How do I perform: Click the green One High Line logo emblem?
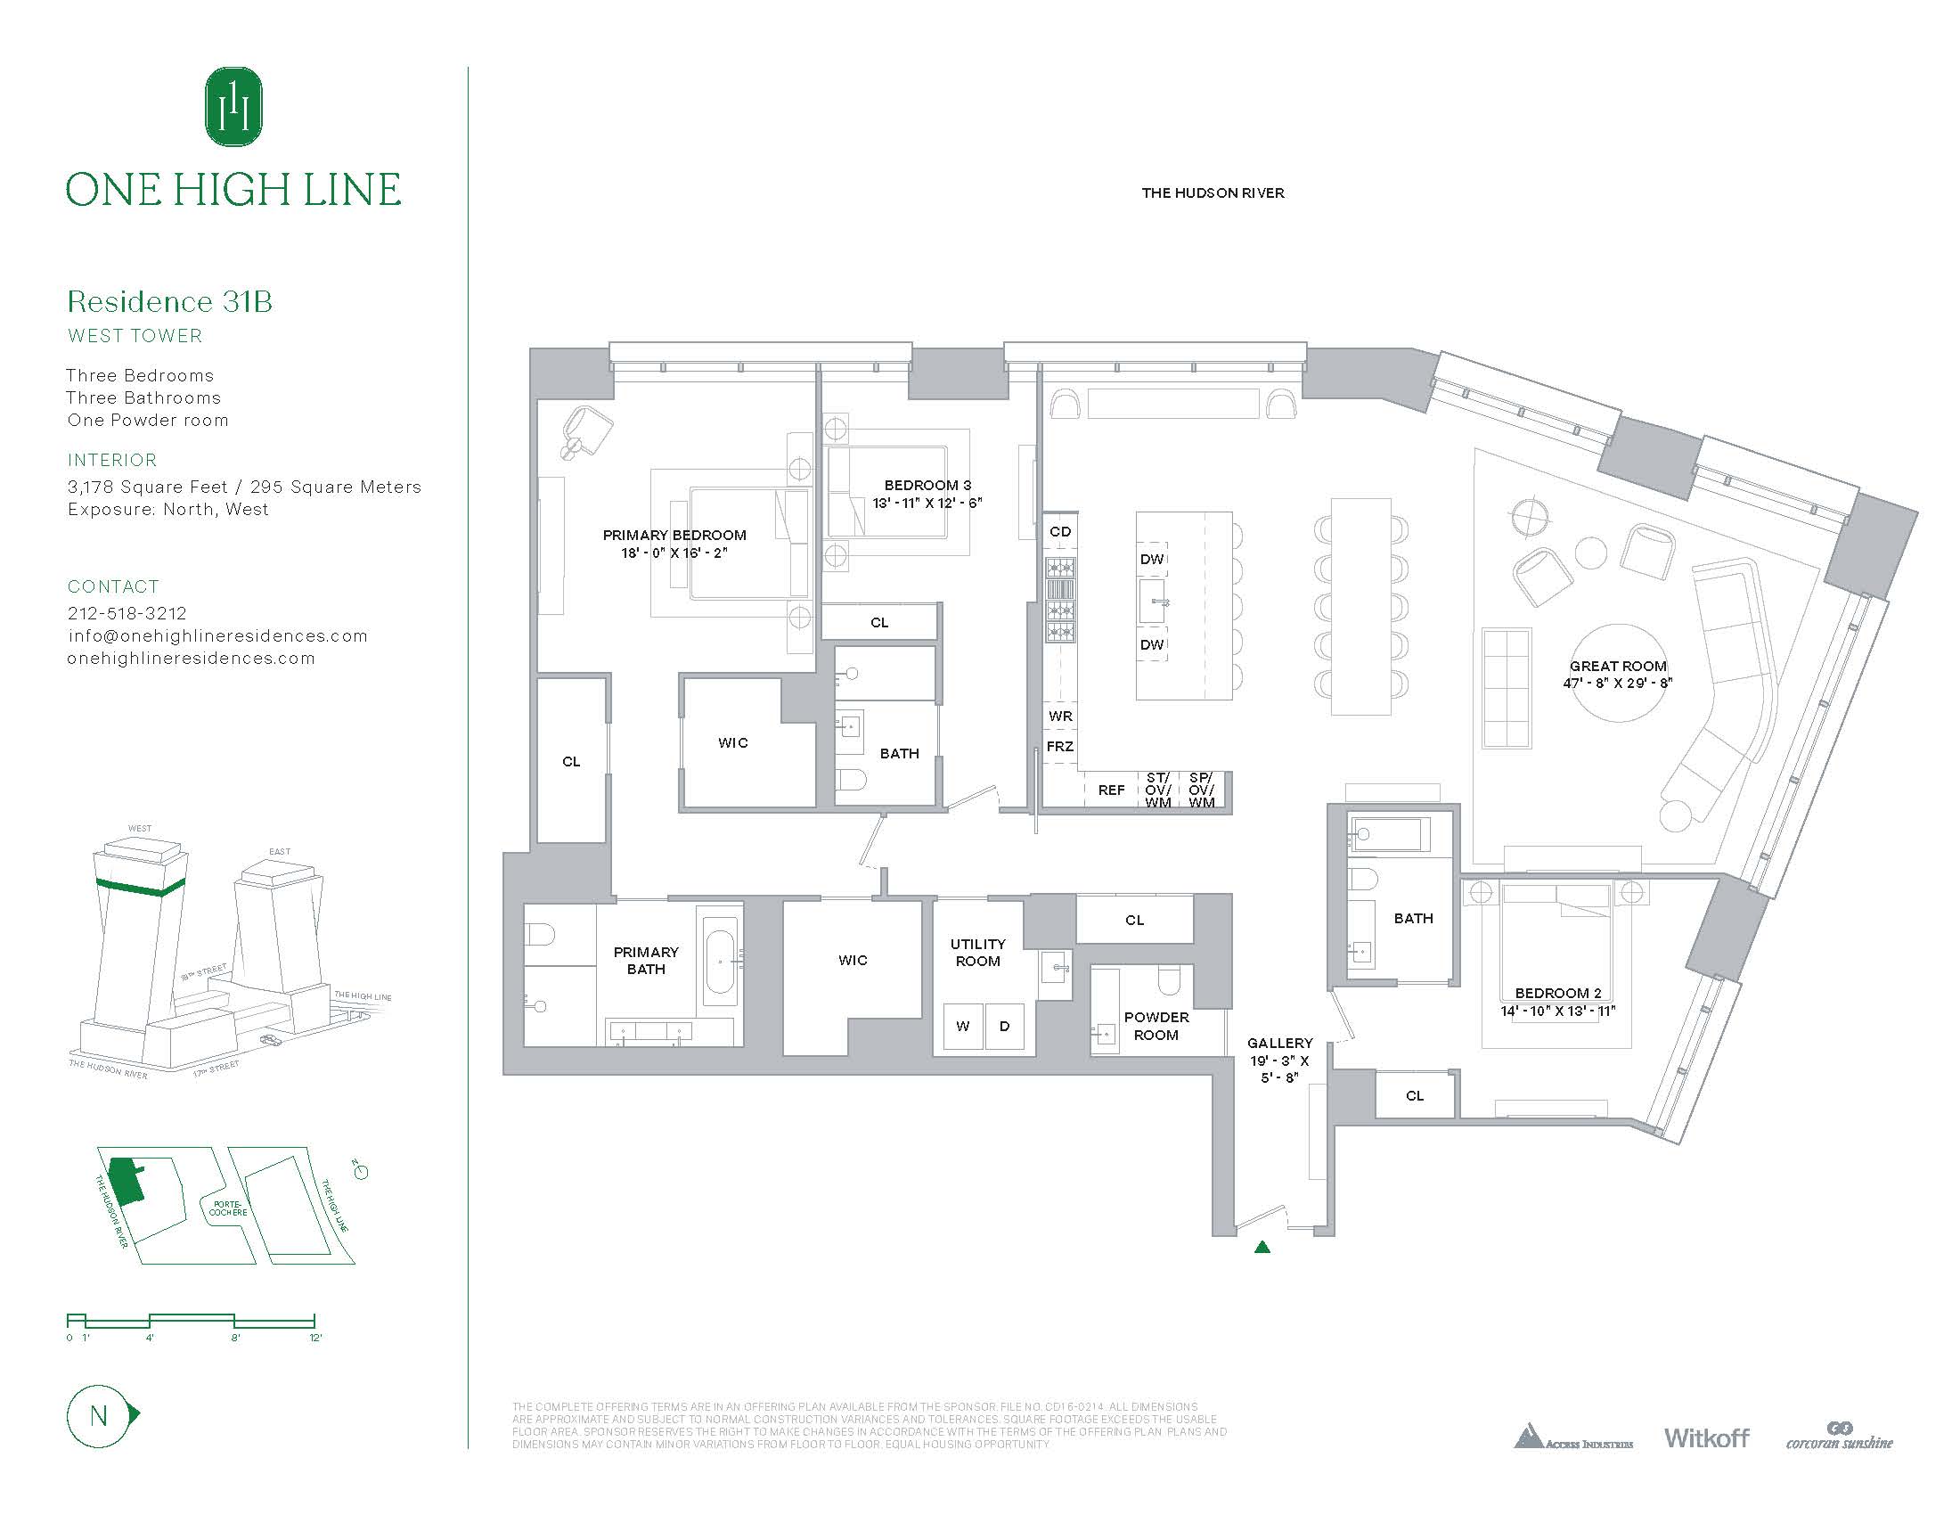(x=233, y=107)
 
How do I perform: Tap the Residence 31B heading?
(x=169, y=301)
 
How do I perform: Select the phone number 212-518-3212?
(x=127, y=613)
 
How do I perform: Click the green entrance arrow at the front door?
(x=1262, y=1246)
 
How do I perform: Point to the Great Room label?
(x=1617, y=667)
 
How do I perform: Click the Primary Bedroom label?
(x=674, y=536)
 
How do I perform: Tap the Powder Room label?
(x=1156, y=1026)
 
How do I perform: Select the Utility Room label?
(x=977, y=953)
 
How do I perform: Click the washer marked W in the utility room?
(x=963, y=1026)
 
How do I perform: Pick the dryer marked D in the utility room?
(x=1004, y=1026)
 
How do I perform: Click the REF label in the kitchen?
(x=1111, y=790)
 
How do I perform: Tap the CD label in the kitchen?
(x=1060, y=531)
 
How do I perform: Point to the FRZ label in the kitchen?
(x=1060, y=747)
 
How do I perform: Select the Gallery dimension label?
(x=1279, y=1060)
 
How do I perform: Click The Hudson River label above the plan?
(x=1213, y=193)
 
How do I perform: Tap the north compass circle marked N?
(x=99, y=1415)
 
